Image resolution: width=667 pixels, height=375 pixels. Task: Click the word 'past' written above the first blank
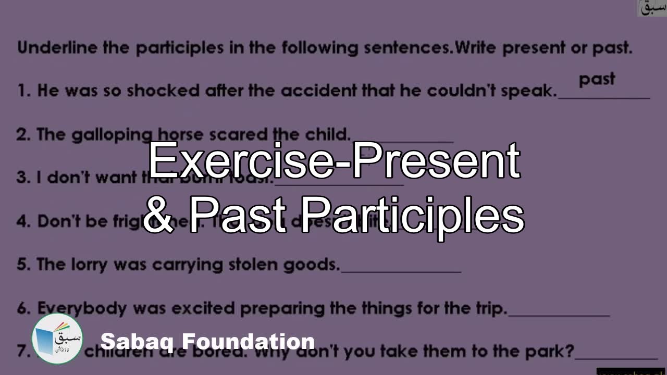[x=597, y=80]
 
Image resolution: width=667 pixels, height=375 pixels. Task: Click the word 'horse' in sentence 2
[x=180, y=135]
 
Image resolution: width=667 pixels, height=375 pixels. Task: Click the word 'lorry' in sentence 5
[x=88, y=265]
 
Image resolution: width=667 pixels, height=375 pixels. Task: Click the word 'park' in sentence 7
[x=549, y=351]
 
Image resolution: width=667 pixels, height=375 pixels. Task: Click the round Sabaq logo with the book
[x=57, y=339]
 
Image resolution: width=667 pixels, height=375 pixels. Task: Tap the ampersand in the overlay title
[x=160, y=216]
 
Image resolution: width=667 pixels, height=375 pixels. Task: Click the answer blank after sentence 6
[x=559, y=314]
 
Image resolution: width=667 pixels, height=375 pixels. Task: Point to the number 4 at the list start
[x=21, y=221]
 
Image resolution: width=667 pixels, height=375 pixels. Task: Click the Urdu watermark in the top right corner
[x=651, y=8]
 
